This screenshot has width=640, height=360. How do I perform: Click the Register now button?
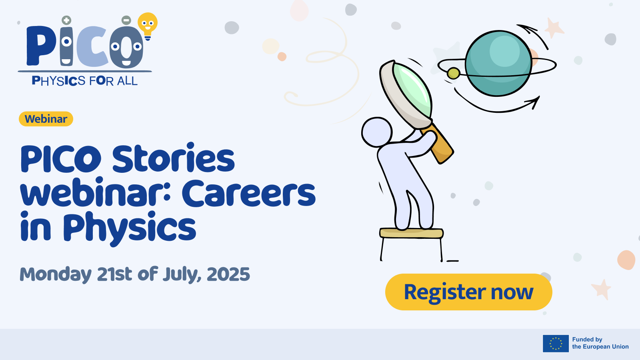tap(468, 292)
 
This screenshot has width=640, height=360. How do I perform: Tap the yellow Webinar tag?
tap(46, 119)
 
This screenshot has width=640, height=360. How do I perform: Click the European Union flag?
tap(556, 344)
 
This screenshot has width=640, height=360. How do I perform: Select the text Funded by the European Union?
tap(600, 343)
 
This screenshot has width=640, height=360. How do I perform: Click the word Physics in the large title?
tap(130, 228)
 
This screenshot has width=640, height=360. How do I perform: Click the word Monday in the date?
tap(56, 275)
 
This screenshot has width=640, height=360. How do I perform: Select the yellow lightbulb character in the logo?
tap(148, 26)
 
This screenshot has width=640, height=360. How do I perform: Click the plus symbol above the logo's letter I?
tap(66, 20)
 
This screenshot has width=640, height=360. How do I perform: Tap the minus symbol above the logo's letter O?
tap(126, 20)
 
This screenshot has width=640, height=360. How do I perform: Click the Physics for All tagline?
tap(84, 81)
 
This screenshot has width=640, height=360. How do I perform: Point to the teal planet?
tap(498, 63)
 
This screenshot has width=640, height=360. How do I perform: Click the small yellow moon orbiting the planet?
tap(453, 74)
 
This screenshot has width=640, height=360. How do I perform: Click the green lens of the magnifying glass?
tap(412, 90)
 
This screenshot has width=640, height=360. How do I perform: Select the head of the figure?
tap(377, 132)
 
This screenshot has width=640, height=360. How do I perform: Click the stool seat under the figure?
tap(412, 233)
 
